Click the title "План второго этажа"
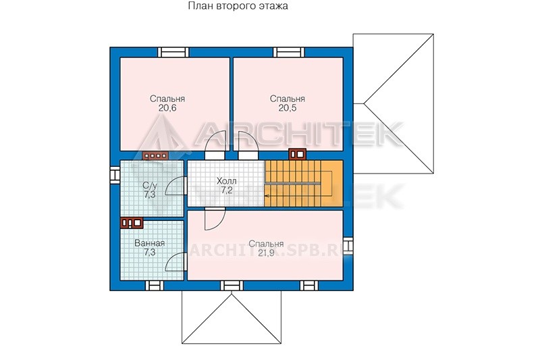click(x=238, y=6)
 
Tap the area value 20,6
click(x=167, y=108)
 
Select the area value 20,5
click(x=288, y=108)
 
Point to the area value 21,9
click(x=266, y=253)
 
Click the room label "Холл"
click(x=227, y=181)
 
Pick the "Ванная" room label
click(x=149, y=243)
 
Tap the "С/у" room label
click(x=150, y=186)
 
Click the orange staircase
click(x=303, y=183)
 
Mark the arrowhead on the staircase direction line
click(x=267, y=196)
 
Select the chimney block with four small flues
click(x=156, y=156)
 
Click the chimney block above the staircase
click(x=297, y=154)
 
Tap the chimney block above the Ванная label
click(x=132, y=223)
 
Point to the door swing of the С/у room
click(x=175, y=186)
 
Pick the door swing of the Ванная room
click(x=175, y=262)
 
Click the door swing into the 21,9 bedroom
click(x=214, y=219)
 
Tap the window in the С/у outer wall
click(x=114, y=174)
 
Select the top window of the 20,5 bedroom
click(x=289, y=52)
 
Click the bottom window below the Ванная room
click(x=155, y=286)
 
